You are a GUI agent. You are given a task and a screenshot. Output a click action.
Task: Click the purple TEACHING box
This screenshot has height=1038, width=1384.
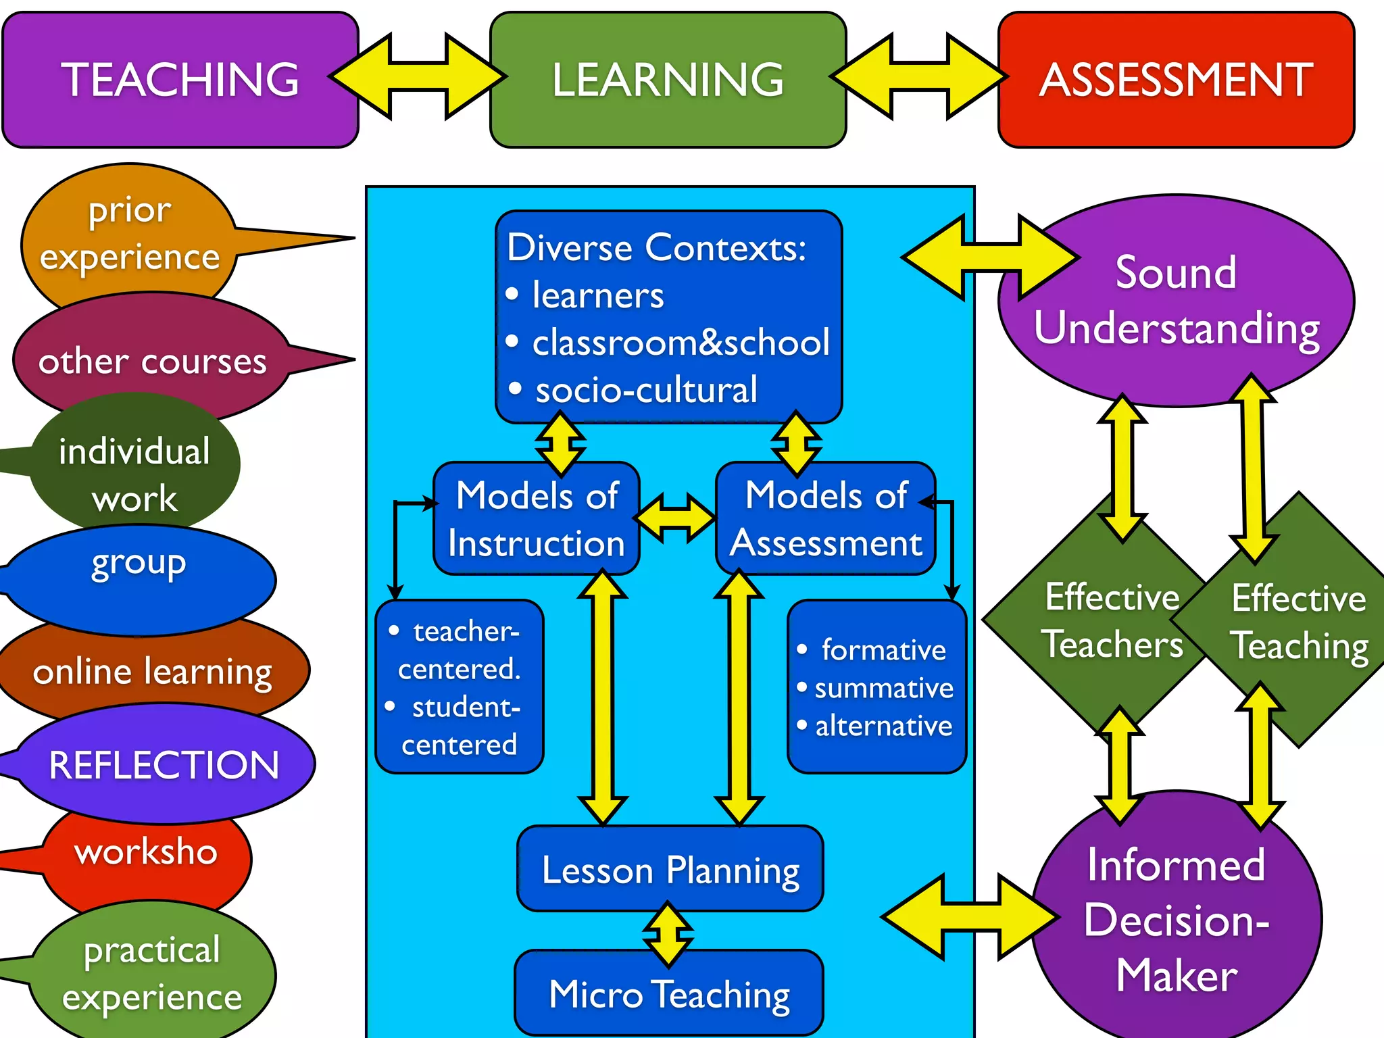pos(180,80)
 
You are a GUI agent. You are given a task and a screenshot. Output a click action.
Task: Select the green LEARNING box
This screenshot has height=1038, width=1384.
pos(668,80)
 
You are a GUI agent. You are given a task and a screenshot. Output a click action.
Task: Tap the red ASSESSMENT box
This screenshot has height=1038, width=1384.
pos(1176,80)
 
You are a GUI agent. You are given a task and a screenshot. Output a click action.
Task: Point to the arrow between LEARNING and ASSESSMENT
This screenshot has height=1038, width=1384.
pos(920,77)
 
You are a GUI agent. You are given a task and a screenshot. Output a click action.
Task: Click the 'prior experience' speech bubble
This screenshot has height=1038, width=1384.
pos(130,234)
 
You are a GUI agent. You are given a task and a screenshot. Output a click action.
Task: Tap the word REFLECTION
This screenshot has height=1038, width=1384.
pos(164,765)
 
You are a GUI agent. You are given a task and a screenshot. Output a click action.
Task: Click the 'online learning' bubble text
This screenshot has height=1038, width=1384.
pos(153,672)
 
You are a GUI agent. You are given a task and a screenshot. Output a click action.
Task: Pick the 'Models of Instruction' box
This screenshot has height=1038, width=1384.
pos(537,519)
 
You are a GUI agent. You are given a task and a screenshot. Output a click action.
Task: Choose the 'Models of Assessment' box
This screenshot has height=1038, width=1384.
pos(826,519)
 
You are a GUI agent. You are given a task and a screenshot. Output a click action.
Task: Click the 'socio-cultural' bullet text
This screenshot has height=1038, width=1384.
pos(646,391)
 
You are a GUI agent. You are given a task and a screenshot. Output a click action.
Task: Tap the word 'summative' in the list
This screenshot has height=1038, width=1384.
pos(884,688)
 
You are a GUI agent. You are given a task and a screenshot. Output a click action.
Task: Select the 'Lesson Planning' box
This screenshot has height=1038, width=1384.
pos(670,870)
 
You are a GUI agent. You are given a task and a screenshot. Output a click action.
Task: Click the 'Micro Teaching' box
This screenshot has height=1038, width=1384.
pos(669,994)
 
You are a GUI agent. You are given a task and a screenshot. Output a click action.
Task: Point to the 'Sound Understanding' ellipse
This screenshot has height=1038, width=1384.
pos(1176,301)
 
